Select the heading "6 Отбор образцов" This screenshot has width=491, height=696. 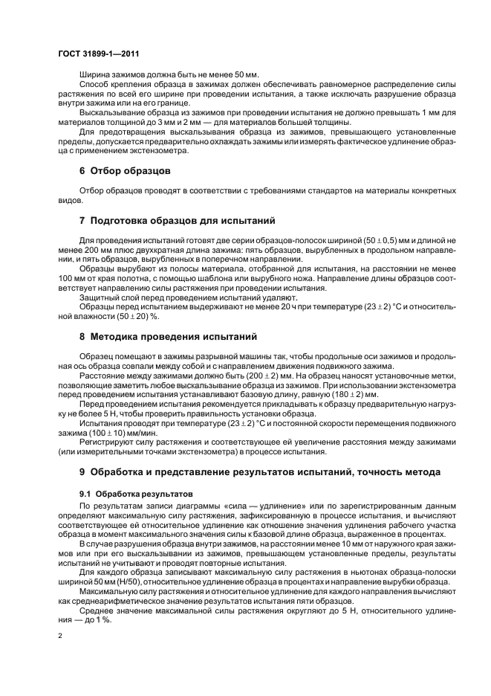[x=126, y=170]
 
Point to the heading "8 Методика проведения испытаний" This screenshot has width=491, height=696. [x=168, y=336]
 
